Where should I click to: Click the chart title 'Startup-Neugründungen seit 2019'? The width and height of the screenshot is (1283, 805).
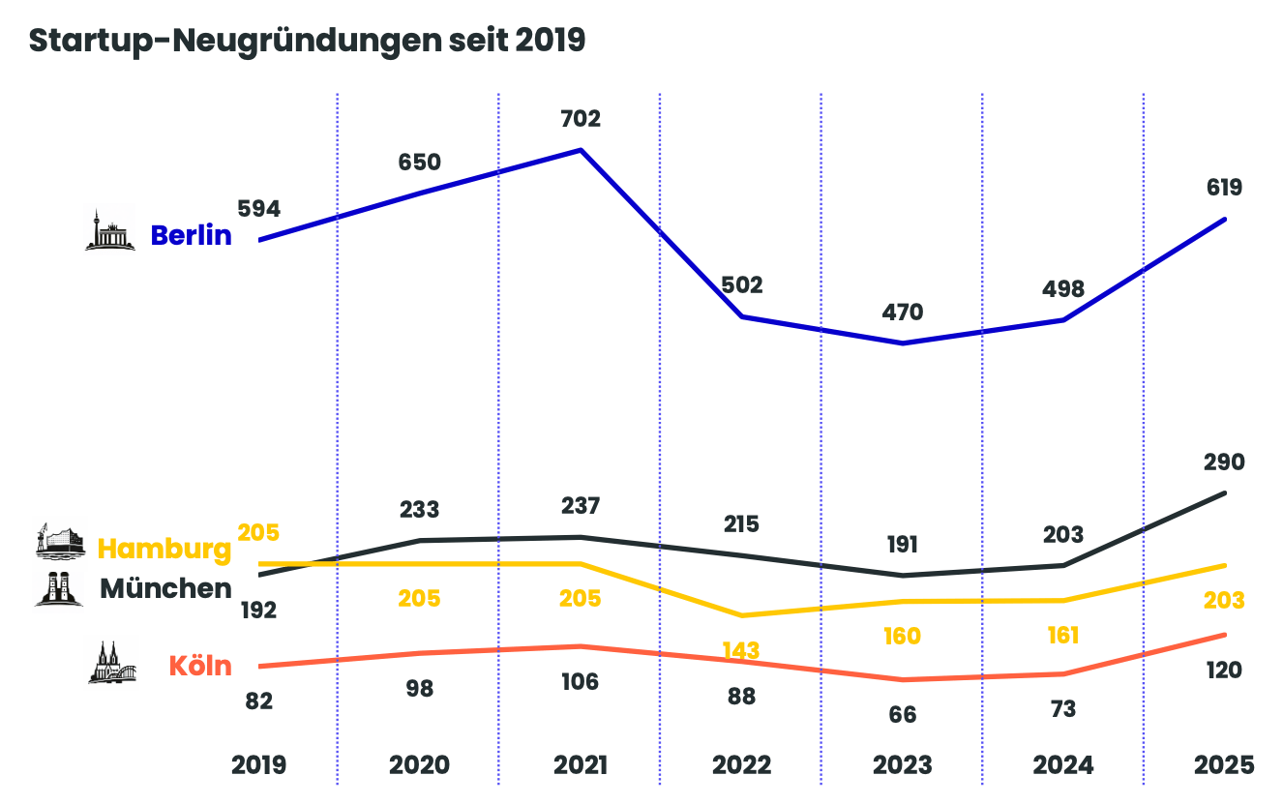coord(307,41)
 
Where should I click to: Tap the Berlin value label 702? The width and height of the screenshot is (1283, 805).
coord(581,119)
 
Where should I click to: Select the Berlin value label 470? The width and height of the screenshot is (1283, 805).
coord(903,313)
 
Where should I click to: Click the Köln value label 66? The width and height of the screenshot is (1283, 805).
coord(903,715)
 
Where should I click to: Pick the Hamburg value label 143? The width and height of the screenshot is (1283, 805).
coord(741,650)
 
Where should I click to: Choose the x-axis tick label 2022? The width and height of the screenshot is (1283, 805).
coord(742,765)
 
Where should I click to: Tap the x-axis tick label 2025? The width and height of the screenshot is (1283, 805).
coord(1225,765)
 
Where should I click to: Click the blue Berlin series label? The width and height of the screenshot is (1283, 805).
coord(192,235)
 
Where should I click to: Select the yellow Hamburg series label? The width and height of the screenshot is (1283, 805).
coord(165,549)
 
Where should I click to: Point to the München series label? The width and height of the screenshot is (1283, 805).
coord(165,588)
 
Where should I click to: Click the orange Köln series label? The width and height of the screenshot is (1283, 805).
coord(200,666)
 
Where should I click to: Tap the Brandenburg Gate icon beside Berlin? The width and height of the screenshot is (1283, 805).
coord(109,230)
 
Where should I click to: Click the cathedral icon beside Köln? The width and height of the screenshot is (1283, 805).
coord(111,662)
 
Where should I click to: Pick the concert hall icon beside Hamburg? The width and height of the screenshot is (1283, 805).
coord(60,542)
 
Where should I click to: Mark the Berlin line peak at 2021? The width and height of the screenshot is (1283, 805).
coord(581,150)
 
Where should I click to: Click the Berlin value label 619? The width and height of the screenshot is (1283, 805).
coord(1223,188)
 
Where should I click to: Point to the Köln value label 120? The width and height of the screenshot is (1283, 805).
coord(1224,671)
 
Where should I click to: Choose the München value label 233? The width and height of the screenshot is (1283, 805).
coord(419,509)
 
